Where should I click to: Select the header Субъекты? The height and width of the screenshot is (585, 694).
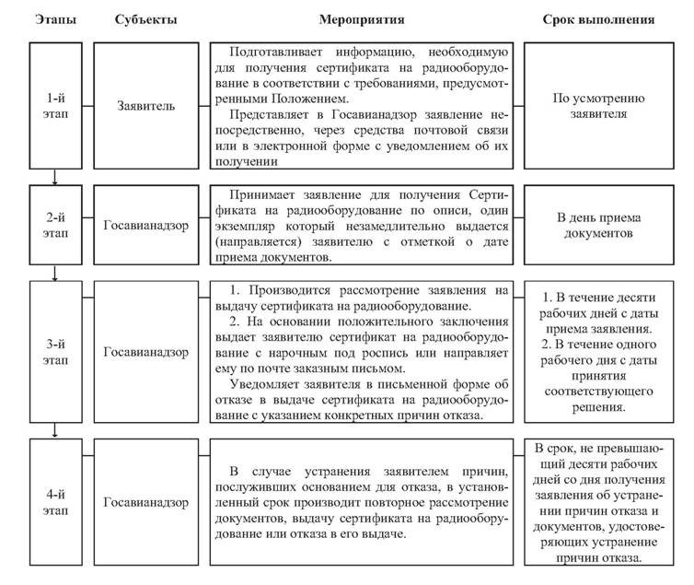click(147, 19)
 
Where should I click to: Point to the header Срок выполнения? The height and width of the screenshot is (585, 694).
click(603, 19)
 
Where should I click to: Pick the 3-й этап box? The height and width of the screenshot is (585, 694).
click(56, 351)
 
